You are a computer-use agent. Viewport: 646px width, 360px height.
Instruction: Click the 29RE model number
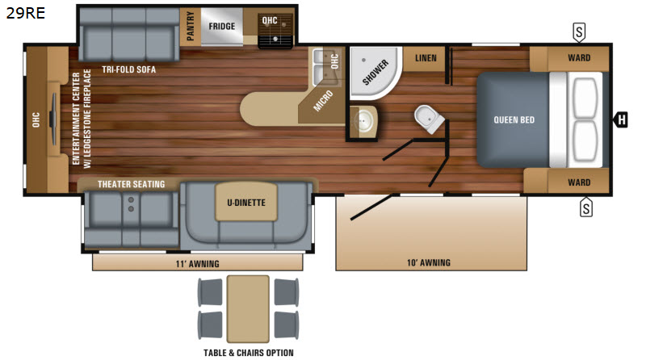(26, 13)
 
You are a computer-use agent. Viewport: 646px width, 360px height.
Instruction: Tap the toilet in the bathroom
(430, 119)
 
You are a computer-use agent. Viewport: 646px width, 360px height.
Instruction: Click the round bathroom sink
(363, 122)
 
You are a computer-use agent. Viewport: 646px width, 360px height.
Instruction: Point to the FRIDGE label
(221, 27)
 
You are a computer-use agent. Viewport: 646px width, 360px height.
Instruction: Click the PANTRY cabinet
(191, 27)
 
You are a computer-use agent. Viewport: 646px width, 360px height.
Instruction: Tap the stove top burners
(275, 28)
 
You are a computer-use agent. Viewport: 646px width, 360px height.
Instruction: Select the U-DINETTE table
(246, 203)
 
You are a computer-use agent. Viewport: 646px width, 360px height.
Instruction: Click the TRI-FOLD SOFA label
(129, 69)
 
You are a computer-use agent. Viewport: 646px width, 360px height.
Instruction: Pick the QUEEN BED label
(514, 119)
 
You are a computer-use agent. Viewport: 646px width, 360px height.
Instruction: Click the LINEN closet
(426, 58)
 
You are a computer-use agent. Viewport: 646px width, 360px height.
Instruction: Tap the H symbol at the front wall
(621, 119)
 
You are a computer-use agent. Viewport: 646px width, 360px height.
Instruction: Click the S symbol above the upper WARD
(579, 32)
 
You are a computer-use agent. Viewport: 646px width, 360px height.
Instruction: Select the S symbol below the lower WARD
(586, 207)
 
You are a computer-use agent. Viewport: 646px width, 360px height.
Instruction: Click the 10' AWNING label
(429, 263)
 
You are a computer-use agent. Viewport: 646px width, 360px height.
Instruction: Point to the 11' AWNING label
(197, 264)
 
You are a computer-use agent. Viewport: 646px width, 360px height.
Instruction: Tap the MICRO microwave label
(322, 101)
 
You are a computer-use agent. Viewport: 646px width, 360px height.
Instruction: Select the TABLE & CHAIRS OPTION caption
(249, 353)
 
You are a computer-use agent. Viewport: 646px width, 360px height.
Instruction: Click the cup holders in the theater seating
(131, 204)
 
